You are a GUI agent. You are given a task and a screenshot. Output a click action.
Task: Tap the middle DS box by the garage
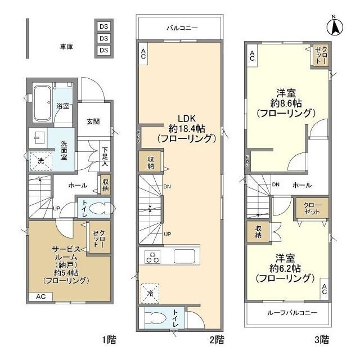(103, 38)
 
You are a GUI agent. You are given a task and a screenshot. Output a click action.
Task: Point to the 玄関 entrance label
(93, 121)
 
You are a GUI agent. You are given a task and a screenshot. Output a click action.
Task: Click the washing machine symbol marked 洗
(40, 161)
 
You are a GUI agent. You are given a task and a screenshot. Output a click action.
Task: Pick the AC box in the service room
(41, 296)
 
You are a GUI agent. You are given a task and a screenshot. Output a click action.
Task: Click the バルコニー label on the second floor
(181, 26)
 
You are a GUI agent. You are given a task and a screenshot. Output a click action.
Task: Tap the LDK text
(186, 119)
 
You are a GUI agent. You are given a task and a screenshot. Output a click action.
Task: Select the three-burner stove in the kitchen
(152, 256)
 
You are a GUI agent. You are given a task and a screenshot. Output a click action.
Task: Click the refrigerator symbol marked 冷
(150, 292)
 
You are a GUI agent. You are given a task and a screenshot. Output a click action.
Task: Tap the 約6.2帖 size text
(284, 268)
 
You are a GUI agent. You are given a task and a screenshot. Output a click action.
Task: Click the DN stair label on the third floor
(276, 184)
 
